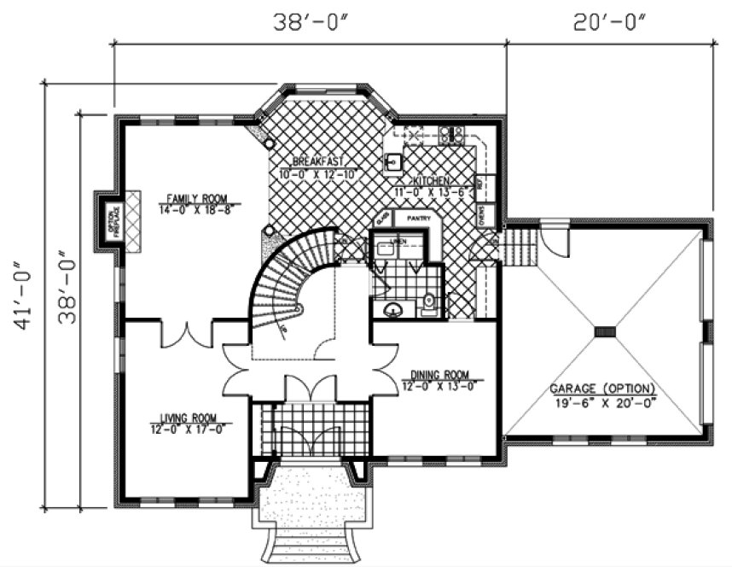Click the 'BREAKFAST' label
(x=317, y=161)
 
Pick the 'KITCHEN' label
(x=432, y=182)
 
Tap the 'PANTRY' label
(x=417, y=219)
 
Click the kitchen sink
(x=393, y=161)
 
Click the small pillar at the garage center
(x=605, y=331)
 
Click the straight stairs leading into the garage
(x=520, y=246)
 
